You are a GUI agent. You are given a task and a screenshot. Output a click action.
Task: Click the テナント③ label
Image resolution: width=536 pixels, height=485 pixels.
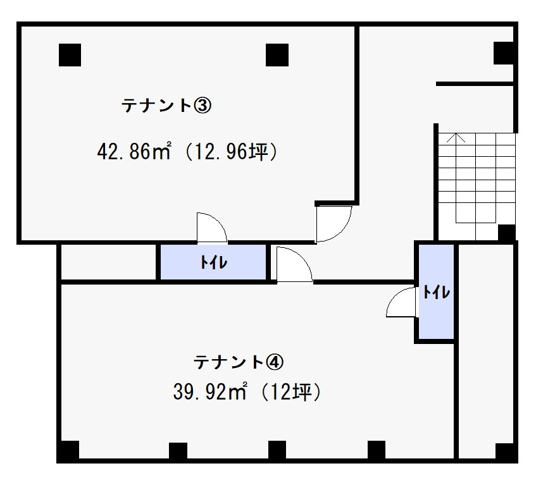tap(166, 105)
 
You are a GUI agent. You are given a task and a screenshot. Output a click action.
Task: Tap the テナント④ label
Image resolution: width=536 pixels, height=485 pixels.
tap(239, 362)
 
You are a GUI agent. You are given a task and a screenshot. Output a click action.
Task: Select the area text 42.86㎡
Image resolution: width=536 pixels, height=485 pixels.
tap(134, 152)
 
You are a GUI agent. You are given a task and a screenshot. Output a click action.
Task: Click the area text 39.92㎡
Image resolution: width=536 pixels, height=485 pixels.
tap(210, 392)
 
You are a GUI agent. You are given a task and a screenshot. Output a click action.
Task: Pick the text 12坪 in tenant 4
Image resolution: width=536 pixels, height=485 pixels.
tap(290, 392)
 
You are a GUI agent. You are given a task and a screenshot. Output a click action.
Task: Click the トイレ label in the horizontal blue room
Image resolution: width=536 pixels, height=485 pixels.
tap(214, 262)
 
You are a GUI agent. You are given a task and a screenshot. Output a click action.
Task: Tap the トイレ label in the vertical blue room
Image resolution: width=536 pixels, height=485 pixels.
tap(437, 292)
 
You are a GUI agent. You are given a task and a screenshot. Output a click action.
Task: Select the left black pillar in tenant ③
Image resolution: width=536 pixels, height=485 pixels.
tap(70, 55)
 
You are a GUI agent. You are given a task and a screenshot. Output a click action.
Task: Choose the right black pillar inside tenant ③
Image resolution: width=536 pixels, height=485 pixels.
tap(277, 55)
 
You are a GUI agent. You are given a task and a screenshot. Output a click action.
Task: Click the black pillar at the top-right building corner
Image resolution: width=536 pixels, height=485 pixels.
tap(504, 53)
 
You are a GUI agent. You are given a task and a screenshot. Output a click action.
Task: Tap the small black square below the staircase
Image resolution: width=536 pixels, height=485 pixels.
tap(507, 233)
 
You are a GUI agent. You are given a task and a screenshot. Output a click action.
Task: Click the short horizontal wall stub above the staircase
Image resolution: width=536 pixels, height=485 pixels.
tap(475, 83)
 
